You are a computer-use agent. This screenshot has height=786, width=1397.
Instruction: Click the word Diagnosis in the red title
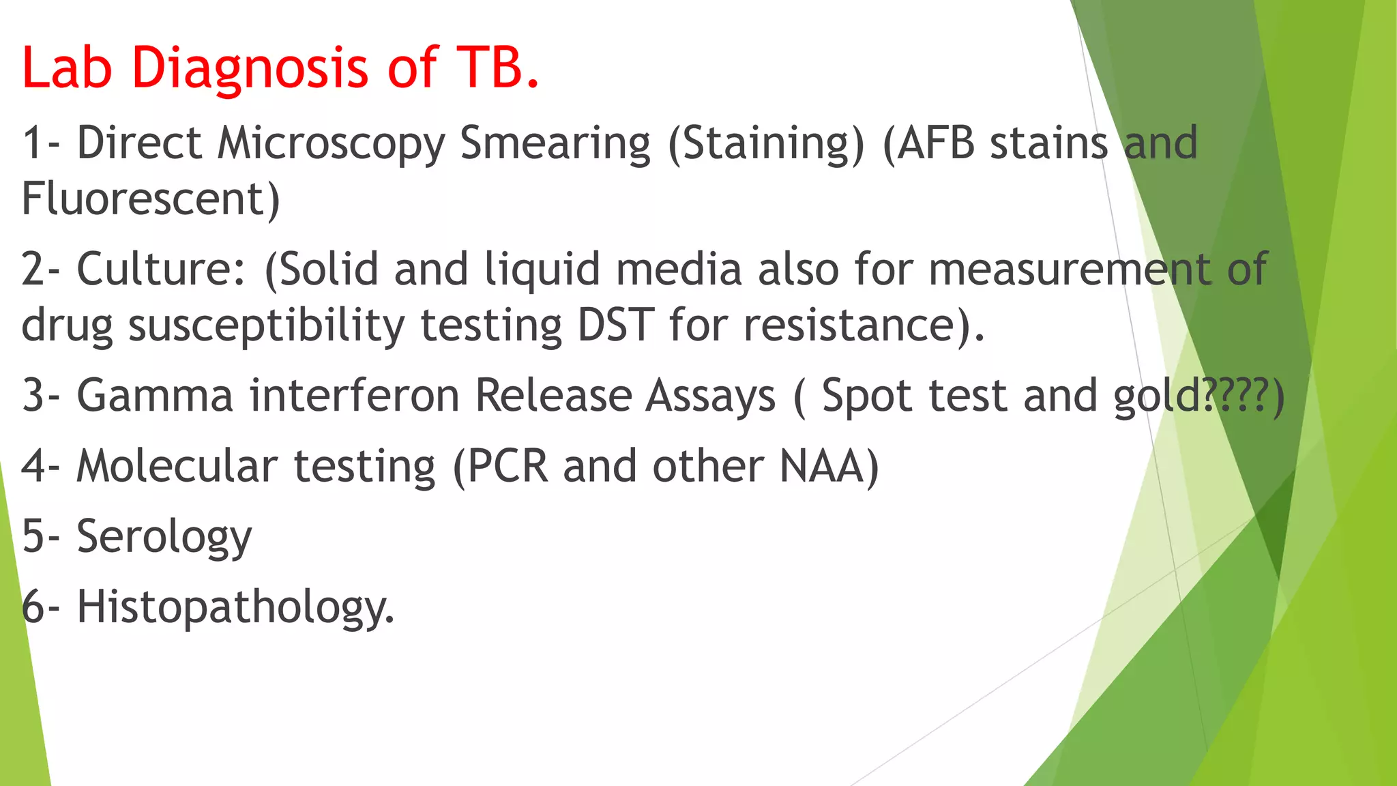(250, 68)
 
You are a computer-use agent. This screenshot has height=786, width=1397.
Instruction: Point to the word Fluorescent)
(151, 199)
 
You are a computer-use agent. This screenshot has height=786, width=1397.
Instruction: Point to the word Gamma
(155, 396)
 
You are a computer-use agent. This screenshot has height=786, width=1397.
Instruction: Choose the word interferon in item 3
(354, 396)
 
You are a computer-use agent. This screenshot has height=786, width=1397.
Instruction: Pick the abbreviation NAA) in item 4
(829, 467)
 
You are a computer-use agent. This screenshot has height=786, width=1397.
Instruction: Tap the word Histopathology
(235, 608)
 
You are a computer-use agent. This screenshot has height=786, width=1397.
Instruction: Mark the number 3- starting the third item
(40, 396)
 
